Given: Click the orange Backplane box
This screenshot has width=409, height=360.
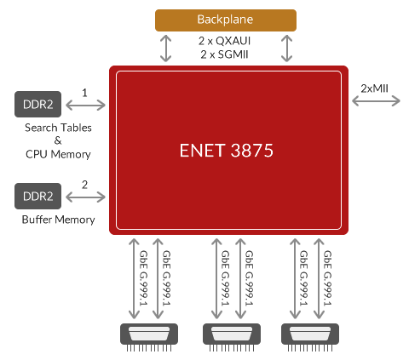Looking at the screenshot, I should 225,19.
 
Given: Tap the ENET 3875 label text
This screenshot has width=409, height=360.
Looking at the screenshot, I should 227,150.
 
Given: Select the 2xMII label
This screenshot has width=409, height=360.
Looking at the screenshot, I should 376,88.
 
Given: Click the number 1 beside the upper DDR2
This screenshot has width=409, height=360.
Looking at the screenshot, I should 84,90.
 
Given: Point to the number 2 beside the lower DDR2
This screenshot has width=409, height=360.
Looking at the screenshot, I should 84,183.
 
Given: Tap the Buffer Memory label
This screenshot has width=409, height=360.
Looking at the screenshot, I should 59,221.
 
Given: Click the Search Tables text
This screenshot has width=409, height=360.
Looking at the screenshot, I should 59,128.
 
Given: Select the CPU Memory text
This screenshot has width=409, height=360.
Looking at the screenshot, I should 59,154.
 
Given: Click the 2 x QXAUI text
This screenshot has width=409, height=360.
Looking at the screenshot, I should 225,40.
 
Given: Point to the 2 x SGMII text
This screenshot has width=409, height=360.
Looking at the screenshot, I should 225,54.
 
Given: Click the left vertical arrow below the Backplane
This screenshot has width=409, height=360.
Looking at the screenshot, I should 165,48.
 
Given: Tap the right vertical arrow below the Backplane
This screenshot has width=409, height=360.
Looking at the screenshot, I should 287,48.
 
